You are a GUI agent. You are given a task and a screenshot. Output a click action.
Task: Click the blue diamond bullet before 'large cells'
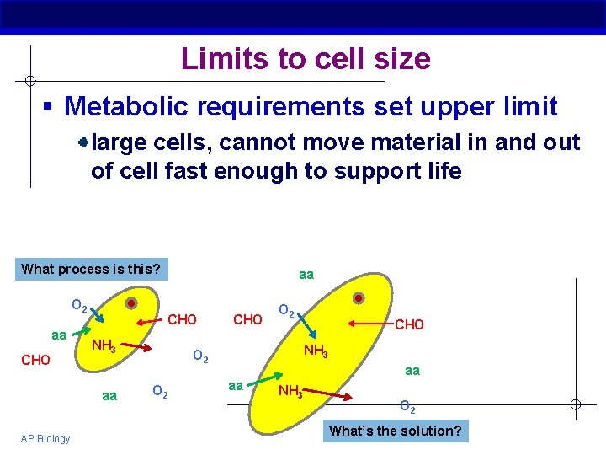click(x=84, y=142)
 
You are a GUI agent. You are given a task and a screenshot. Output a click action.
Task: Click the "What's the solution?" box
click(x=395, y=431)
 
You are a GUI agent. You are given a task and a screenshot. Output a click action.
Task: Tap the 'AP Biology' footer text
click(x=46, y=438)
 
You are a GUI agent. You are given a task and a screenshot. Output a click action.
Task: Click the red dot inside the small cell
click(x=131, y=303)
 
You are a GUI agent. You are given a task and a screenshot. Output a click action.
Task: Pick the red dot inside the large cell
click(x=358, y=298)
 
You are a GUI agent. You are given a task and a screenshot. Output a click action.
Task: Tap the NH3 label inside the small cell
click(x=103, y=345)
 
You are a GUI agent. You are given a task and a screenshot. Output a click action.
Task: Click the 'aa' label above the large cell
click(x=306, y=275)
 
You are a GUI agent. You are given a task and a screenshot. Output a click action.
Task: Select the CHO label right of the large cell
click(x=409, y=324)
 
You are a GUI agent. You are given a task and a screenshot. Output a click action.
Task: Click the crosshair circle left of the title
click(x=29, y=81)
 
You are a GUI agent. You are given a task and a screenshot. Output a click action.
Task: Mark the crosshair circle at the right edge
click(x=575, y=404)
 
